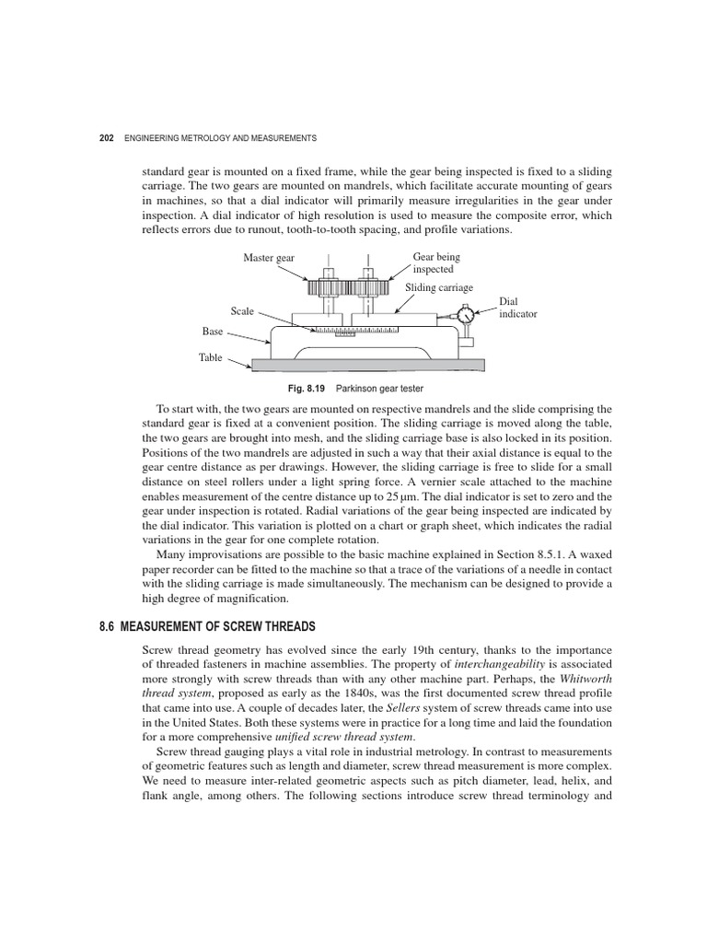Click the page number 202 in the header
(106, 137)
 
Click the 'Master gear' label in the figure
(269, 258)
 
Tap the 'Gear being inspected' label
(436, 263)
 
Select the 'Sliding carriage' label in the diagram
(437, 287)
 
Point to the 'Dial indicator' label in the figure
(517, 308)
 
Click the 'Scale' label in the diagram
(242, 311)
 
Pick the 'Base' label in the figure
(213, 331)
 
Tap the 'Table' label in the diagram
(211, 357)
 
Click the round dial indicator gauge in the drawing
(466, 315)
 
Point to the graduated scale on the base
(355, 330)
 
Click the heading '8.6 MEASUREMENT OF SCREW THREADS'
(207, 626)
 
